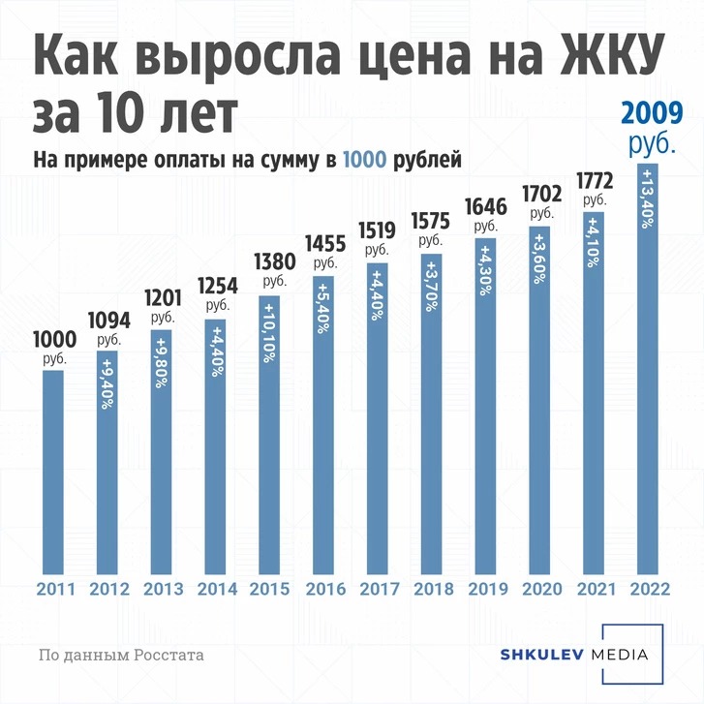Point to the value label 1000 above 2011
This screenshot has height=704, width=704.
tap(54, 340)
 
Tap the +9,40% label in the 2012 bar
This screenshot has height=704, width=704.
tap(107, 386)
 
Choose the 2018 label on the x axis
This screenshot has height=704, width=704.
tap(431, 589)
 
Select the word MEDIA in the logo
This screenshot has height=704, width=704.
tap(623, 656)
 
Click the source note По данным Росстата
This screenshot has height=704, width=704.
tap(121, 656)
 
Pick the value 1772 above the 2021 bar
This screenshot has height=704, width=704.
tap(594, 181)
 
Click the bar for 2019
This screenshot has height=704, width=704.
tap(485, 407)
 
